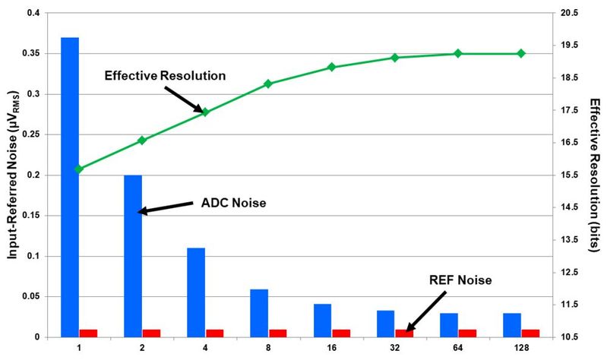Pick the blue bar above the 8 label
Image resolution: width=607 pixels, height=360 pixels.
point(259,312)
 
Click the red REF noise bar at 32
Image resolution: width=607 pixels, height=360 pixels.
point(404,333)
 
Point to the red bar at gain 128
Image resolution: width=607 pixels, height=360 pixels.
point(530,333)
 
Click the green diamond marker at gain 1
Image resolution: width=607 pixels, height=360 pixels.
point(79,169)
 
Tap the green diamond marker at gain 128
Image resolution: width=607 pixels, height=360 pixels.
point(521,53)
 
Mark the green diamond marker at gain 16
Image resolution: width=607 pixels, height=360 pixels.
point(331,67)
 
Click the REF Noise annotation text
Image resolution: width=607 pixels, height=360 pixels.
point(461,280)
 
